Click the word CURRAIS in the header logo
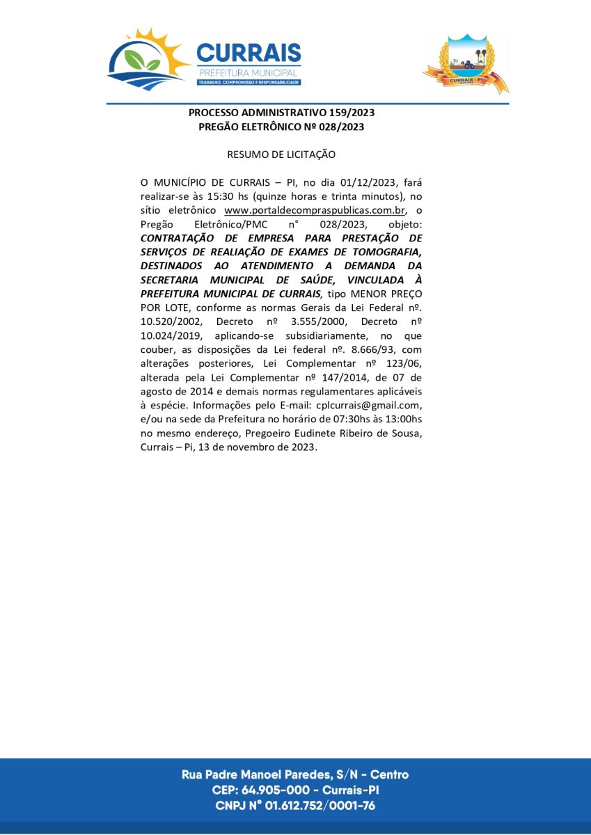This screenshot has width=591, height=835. [249, 54]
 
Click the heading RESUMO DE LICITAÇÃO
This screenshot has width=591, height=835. [281, 154]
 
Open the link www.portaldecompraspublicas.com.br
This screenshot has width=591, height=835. [315, 210]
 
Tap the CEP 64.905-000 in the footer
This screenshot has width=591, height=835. [282, 790]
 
